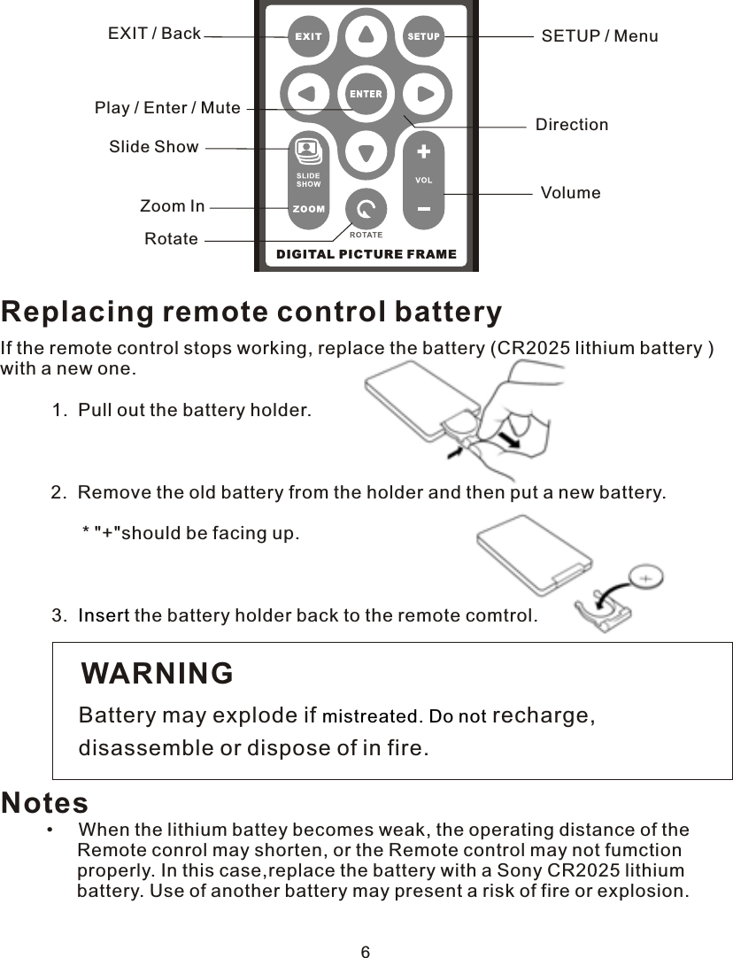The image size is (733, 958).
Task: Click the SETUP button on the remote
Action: tap(424, 36)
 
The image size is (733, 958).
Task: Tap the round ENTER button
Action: tap(366, 94)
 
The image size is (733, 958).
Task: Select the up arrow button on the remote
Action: tap(366, 35)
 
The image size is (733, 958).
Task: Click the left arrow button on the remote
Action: tap(306, 93)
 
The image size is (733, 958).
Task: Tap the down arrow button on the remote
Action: tap(366, 152)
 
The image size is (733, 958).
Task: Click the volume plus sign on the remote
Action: tap(424, 151)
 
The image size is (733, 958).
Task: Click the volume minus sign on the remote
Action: tap(424, 209)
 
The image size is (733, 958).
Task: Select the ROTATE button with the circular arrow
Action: tap(366, 210)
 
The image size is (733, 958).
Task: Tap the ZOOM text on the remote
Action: tap(309, 210)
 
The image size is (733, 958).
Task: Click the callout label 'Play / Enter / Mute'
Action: tap(167, 108)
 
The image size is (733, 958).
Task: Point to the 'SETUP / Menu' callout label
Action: tap(599, 36)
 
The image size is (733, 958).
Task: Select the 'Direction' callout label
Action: tap(572, 125)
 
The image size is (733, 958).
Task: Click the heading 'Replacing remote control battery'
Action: tap(251, 312)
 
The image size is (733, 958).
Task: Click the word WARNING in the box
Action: tap(158, 673)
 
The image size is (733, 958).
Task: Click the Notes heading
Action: tap(45, 802)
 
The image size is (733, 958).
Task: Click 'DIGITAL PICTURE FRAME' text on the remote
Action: tap(366, 254)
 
